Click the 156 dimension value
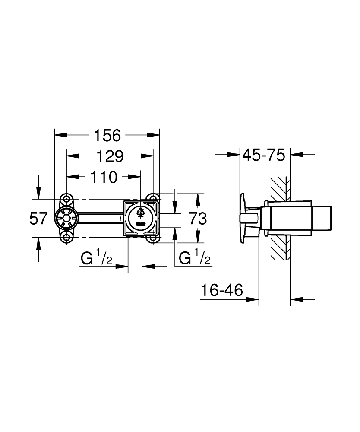click(x=107, y=136)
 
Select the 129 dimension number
click(x=109, y=156)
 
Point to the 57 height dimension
click(x=38, y=219)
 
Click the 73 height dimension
click(x=198, y=219)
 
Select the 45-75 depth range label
click(x=264, y=155)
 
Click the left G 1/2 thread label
click(x=97, y=258)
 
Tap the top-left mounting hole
click(x=66, y=198)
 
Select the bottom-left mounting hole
click(x=66, y=238)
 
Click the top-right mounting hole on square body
click(x=153, y=198)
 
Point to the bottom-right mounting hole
click(x=153, y=238)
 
